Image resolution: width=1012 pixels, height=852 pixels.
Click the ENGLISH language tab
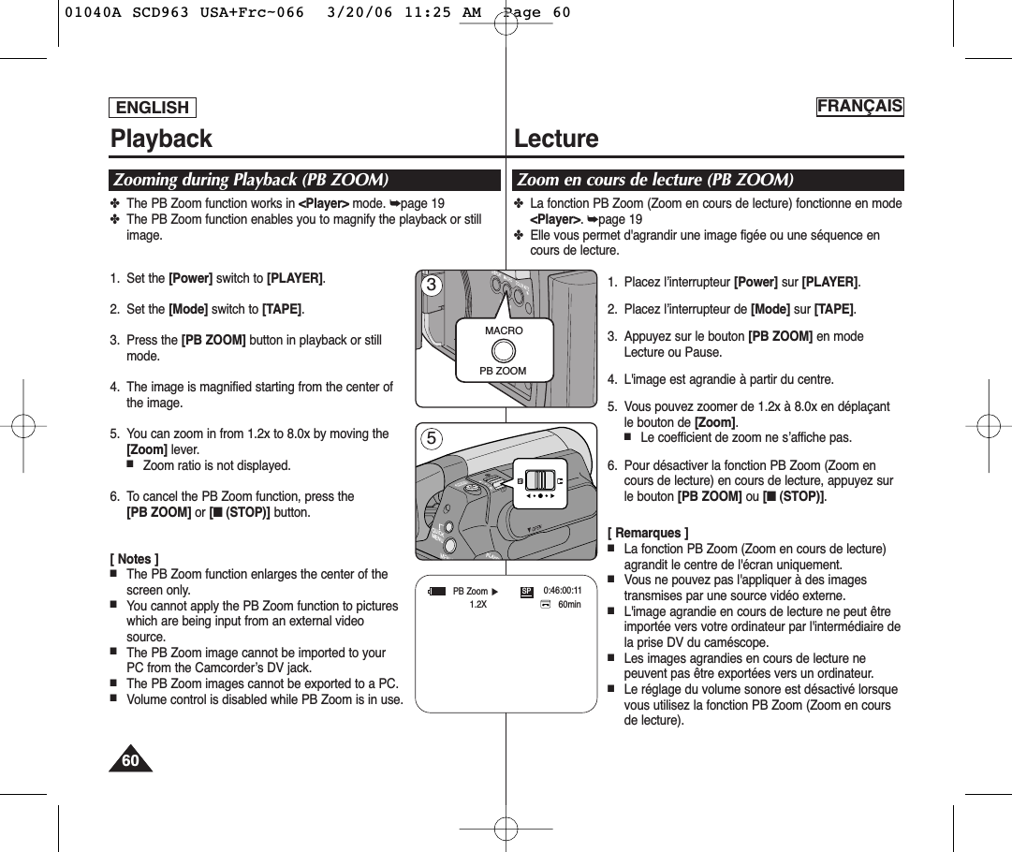pos(153,108)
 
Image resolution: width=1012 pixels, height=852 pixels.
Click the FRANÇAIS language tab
pos(859,106)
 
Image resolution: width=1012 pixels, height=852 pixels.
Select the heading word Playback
pos(161,139)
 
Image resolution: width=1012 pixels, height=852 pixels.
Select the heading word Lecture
pos(556,139)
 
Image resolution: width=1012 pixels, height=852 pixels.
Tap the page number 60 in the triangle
pos(130,760)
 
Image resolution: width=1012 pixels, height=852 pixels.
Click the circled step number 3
pos(432,285)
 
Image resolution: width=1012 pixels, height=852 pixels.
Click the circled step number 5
pos(432,437)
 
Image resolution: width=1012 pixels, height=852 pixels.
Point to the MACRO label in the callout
pos(504,331)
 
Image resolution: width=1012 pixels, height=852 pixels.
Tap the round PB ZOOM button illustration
pos(504,350)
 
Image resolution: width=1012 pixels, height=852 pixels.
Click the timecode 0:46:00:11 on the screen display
pos(562,591)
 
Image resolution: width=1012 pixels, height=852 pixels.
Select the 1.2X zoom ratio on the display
pos(477,605)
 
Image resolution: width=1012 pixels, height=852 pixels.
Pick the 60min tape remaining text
pos(569,605)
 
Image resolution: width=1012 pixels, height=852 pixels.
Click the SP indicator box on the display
pos(526,591)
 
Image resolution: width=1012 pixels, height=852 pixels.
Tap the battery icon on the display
pos(436,591)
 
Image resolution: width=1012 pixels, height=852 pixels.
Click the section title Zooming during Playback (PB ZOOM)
pos(251,180)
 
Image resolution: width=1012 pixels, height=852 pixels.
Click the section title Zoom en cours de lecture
pos(655,180)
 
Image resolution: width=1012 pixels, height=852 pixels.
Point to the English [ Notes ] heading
pos(134,559)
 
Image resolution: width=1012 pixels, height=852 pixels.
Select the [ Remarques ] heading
pos(648,533)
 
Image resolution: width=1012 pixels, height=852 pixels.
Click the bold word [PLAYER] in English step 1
pos(295,278)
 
